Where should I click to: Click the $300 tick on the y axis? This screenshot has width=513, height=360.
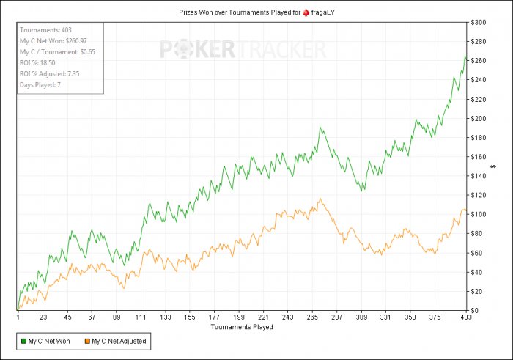pos(480,23)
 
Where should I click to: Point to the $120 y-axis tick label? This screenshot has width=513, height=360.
pos(480,195)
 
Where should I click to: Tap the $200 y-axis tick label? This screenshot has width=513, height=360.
pos(480,119)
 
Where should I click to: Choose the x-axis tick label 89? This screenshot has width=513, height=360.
pos(117,317)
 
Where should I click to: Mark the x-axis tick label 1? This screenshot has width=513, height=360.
pos(18,317)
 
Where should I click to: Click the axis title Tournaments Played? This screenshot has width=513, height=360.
pos(242,327)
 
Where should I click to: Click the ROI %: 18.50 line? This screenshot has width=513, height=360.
pos(40,63)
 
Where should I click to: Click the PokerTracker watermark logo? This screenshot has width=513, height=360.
pos(243,50)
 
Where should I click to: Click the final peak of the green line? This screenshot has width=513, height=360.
pos(465,56)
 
